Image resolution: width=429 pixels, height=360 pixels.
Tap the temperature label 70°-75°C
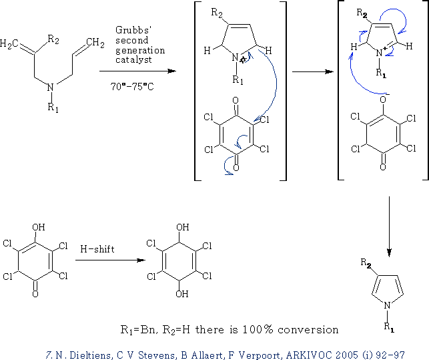click(132, 87)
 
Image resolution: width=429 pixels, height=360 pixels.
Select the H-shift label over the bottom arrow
click(97, 249)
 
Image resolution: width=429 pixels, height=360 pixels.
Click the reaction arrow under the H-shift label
click(110, 260)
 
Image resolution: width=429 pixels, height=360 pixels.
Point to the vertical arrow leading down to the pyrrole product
click(389, 226)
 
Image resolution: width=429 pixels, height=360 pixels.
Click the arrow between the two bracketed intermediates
click(313, 71)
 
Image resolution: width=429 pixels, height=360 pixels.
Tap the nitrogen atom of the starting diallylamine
click(50, 87)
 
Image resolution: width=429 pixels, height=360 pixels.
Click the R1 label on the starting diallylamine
click(53, 107)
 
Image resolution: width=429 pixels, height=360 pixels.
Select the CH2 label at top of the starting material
click(95, 43)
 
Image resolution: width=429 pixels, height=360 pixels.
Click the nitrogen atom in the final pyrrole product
click(387, 305)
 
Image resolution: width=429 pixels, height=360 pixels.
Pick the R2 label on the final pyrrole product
click(366, 263)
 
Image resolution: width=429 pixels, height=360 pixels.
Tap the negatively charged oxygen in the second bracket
click(383, 99)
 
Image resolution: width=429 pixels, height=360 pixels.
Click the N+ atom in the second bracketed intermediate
click(380, 52)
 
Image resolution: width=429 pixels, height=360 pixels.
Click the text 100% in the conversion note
click(258, 329)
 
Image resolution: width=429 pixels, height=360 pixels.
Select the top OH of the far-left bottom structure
click(38, 227)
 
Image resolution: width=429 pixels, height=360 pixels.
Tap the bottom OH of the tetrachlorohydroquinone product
click(182, 294)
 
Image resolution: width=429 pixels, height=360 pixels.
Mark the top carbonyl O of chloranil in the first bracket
click(236, 101)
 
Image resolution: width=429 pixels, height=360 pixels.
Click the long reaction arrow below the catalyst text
click(137, 71)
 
